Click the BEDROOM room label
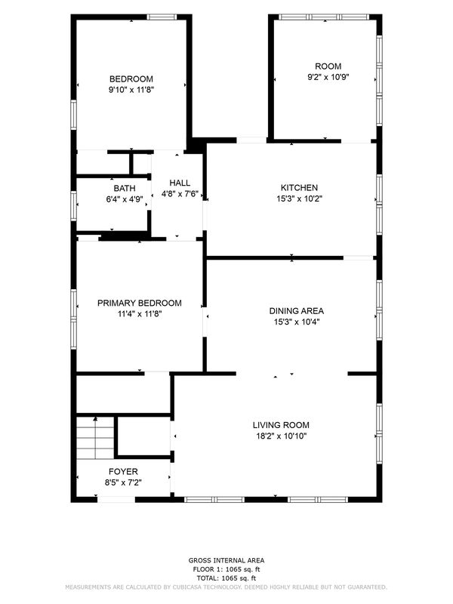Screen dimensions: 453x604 pos(131,79)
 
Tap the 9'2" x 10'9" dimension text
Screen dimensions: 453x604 pos(328,77)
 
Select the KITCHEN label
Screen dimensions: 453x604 pos(299,187)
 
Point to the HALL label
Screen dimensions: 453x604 pos(180,183)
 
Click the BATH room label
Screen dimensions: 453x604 pos(125,188)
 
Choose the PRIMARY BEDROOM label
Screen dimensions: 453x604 pos(140,303)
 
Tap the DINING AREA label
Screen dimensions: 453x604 pos(297,311)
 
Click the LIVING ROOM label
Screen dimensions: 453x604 pos(281,425)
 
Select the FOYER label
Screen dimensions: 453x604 pos(123,471)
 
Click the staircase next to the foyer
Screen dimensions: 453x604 pos(96,438)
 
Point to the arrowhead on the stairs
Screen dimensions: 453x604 pos(96,419)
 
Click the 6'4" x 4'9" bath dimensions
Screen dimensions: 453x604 pos(125,199)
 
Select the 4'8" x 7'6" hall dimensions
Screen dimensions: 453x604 pos(180,194)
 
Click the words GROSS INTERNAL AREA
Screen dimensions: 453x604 pos(226,560)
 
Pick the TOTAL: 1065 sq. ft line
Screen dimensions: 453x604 pos(226,578)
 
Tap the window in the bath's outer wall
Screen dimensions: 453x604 pos(73,205)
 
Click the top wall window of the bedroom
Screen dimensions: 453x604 pos(162,17)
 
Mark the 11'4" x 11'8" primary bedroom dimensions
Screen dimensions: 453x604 pos(140,314)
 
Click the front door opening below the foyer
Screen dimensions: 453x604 pos(116,500)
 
